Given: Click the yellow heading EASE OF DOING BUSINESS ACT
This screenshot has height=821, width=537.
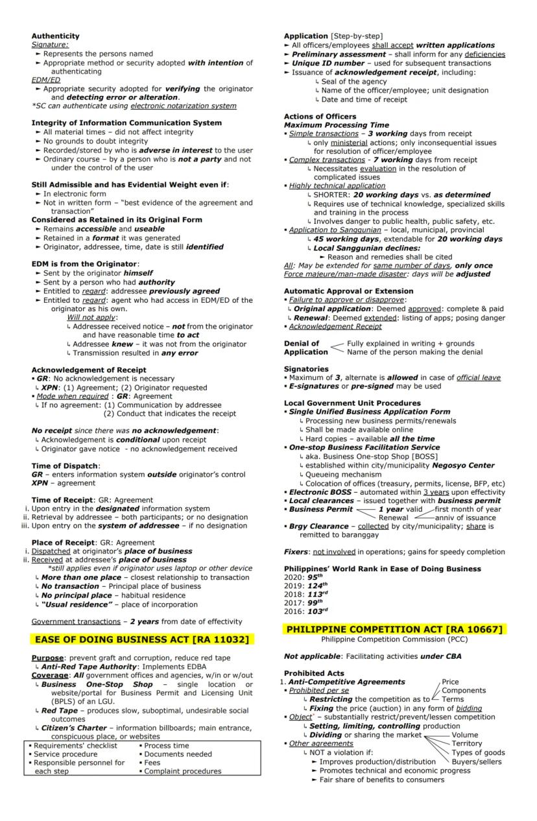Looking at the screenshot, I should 141,639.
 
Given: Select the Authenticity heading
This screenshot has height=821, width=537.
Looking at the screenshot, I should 56,36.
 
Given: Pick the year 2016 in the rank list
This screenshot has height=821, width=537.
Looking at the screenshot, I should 292,611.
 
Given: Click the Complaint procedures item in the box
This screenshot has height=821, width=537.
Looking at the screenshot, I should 182,771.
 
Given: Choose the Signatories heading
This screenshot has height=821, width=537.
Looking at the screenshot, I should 308,368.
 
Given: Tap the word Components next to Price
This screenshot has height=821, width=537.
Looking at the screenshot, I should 464,691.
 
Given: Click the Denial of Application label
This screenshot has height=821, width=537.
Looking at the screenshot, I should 305,348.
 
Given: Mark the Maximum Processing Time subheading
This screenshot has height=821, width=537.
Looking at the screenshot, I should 336,125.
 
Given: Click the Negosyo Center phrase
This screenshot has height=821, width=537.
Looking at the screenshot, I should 463,465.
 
